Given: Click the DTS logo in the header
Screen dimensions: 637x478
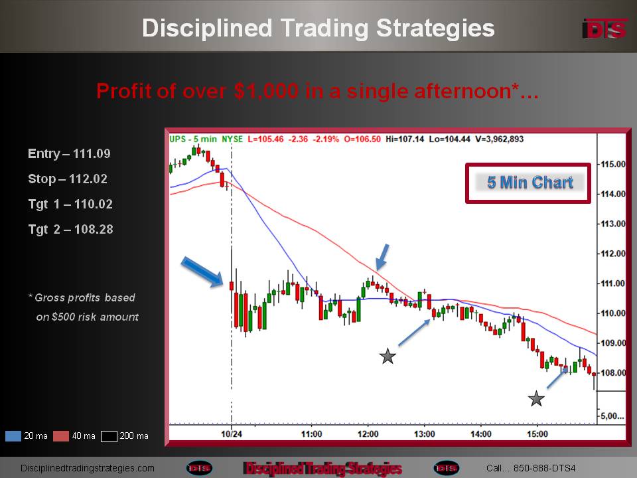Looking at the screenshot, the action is tap(605, 29).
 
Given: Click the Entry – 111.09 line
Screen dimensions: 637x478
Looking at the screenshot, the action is tap(69, 153).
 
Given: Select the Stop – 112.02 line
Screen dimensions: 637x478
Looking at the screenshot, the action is tap(68, 179).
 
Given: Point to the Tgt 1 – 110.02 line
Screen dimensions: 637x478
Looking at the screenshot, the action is tap(70, 204).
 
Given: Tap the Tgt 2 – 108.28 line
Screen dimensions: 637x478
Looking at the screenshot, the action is tap(71, 229).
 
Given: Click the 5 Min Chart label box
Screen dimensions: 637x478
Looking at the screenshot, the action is tap(528, 183).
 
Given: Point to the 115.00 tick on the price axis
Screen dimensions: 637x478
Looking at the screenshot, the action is tap(612, 164).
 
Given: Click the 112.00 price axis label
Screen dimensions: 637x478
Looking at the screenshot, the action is tap(612, 254).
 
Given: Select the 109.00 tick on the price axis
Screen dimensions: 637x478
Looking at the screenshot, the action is tap(612, 343).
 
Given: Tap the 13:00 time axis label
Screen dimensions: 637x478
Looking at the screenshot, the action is tap(424, 434).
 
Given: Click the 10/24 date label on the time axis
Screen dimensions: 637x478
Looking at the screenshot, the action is tap(232, 434).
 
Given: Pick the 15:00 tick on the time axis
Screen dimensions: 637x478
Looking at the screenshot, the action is tap(537, 434).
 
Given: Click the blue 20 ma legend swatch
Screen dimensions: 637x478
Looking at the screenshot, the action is tap(13, 436).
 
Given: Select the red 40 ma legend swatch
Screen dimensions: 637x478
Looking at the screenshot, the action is tap(61, 436).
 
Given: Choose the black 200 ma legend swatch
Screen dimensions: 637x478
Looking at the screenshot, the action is tap(109, 436).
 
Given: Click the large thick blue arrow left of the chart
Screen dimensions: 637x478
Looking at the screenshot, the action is tap(202, 272).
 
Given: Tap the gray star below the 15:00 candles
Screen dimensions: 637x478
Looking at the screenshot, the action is tap(536, 399).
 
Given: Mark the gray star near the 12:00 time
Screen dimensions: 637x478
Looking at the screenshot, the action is tap(388, 356).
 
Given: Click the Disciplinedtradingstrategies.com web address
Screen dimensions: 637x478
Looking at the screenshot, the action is tap(88, 468).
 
